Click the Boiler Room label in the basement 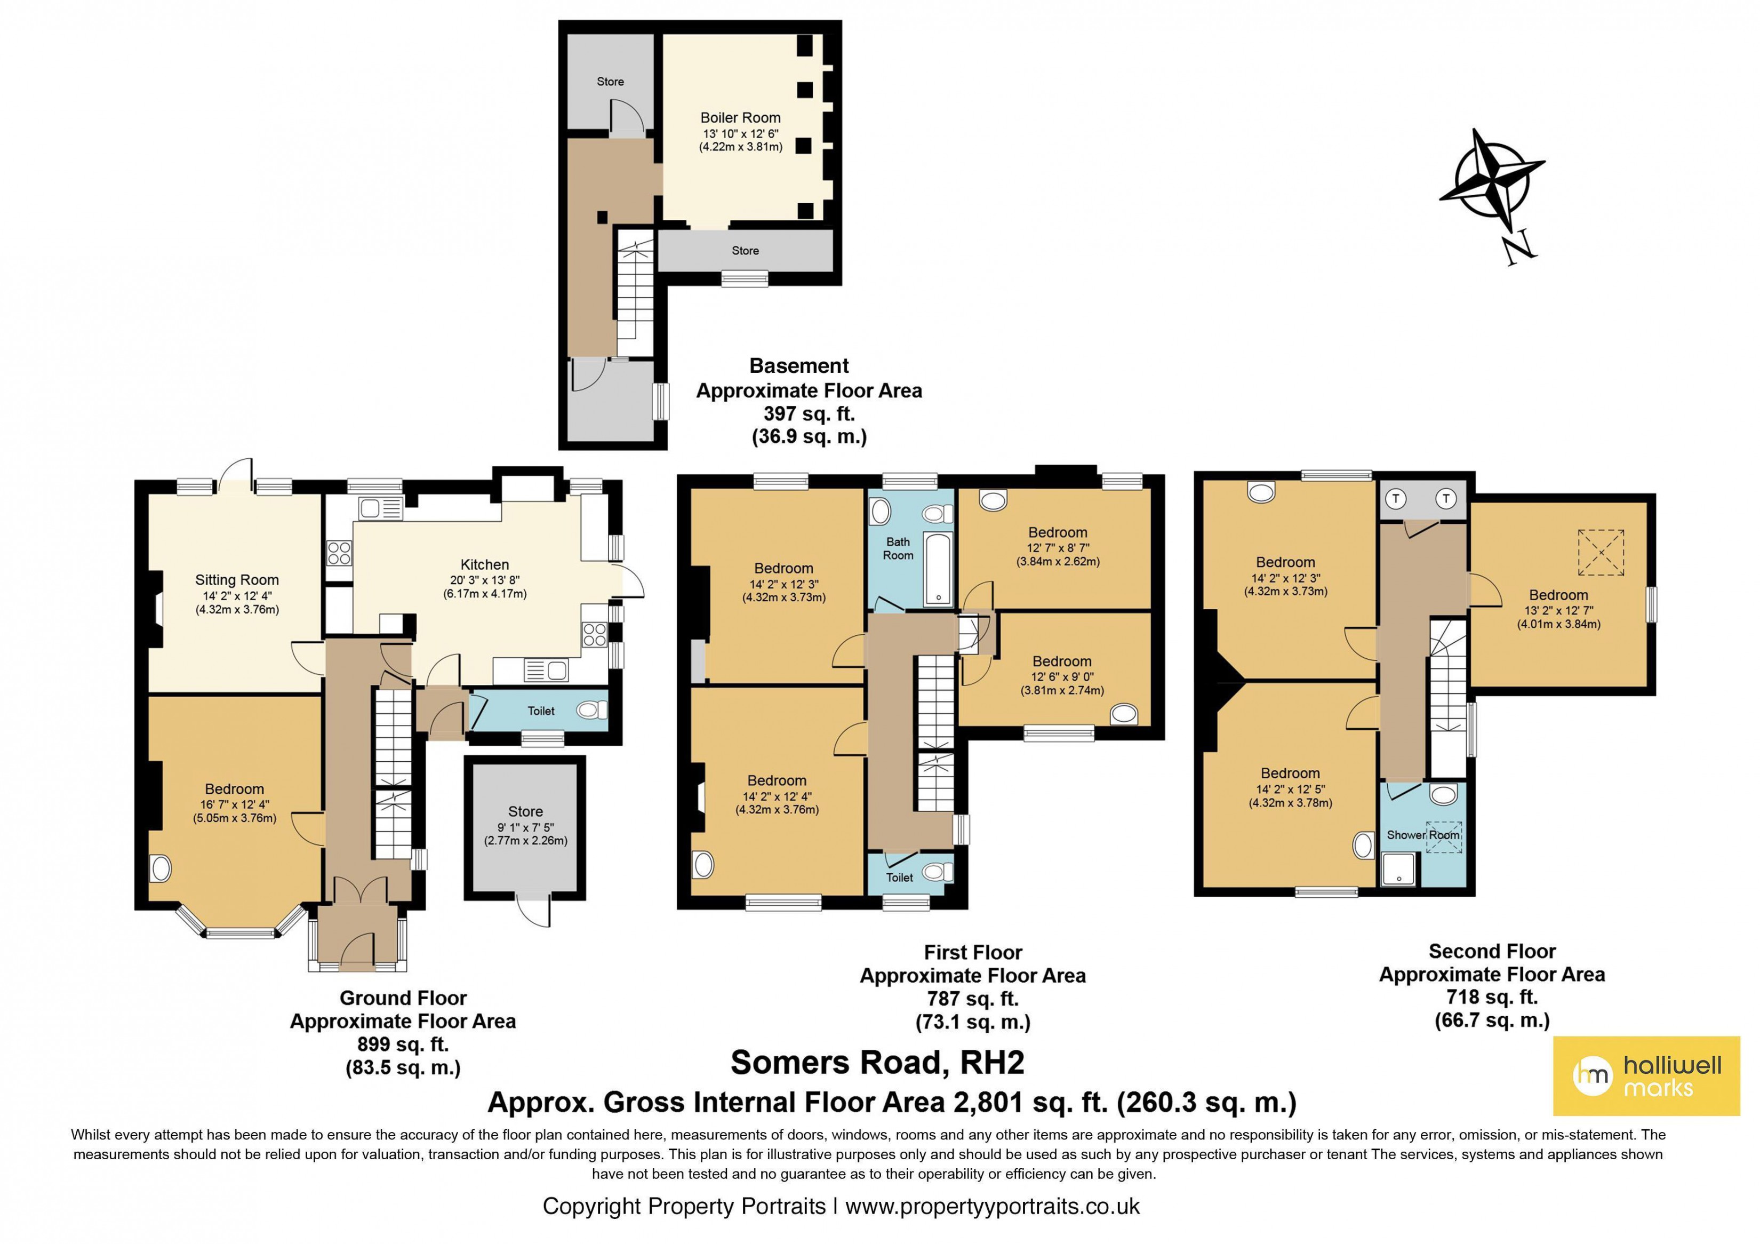(740, 117)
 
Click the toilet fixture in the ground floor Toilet (590, 711)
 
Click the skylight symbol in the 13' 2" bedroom (1601, 552)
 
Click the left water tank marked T (1396, 499)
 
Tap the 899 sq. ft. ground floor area (403, 1044)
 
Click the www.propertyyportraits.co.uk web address (992, 1207)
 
